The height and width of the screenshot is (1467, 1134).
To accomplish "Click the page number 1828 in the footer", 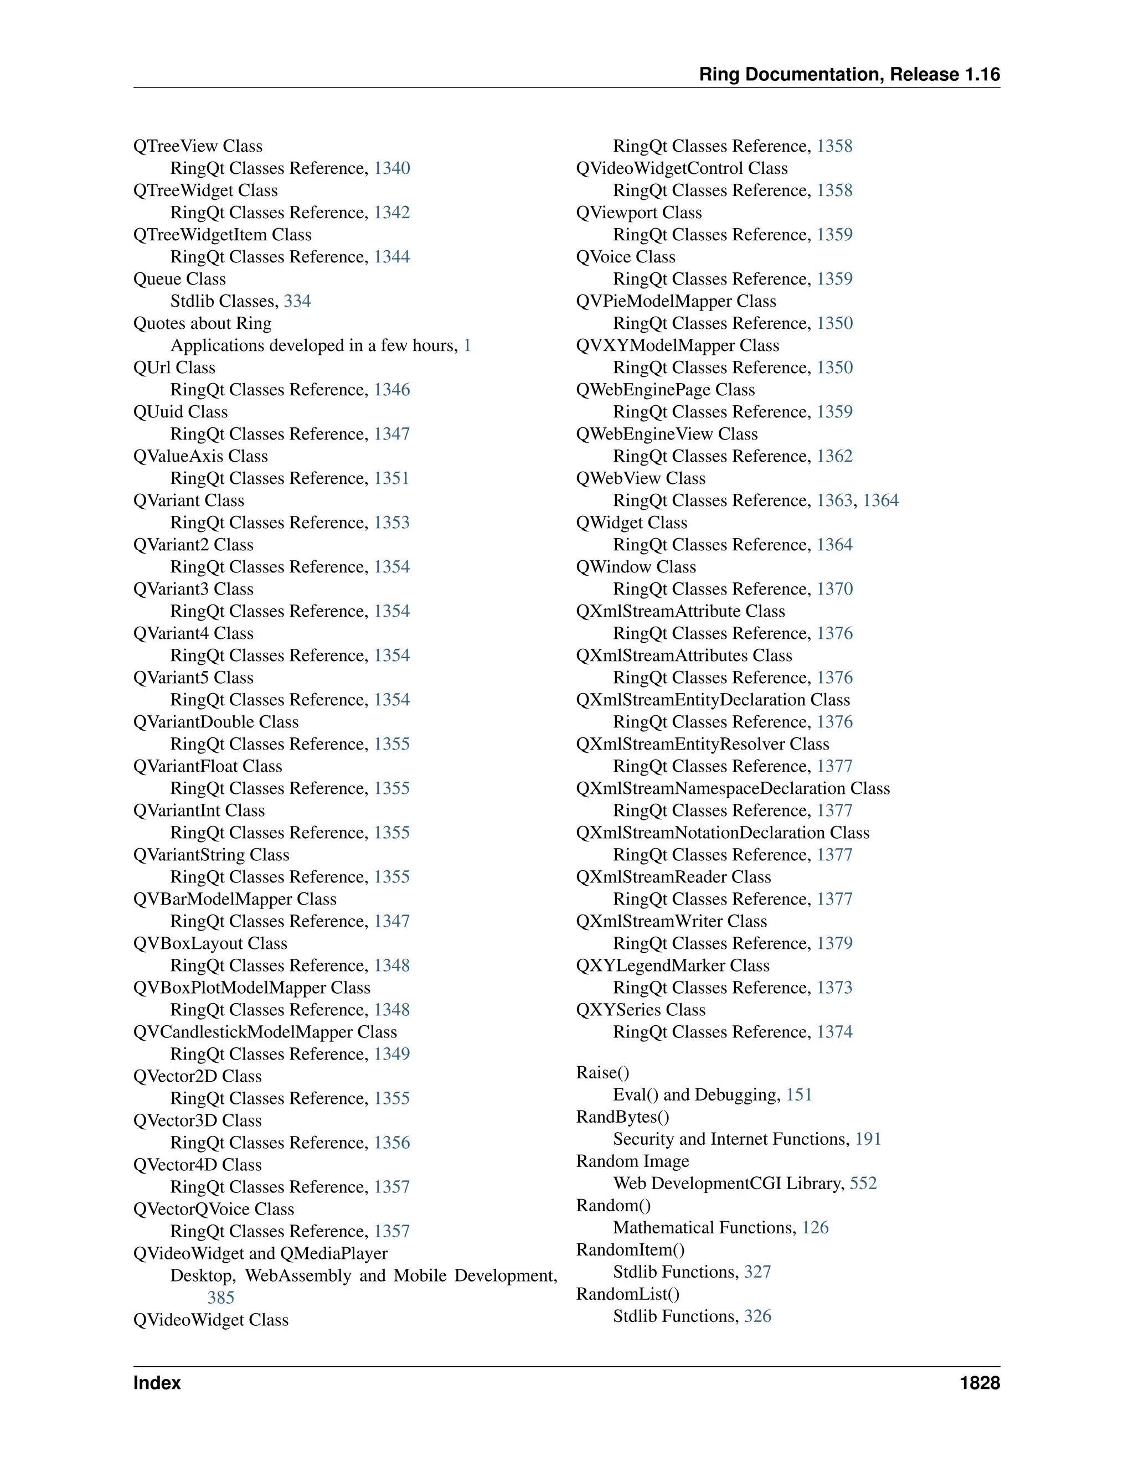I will [x=980, y=1383].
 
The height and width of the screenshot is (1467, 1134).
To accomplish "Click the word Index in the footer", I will [x=157, y=1383].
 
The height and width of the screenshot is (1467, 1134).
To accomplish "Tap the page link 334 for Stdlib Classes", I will [x=297, y=301].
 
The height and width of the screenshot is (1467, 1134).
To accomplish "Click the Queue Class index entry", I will [x=179, y=279].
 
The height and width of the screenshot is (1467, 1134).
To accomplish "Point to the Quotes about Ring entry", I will [x=202, y=323].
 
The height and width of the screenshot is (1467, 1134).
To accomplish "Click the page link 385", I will [x=220, y=1298].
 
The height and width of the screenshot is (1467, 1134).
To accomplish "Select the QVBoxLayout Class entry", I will [x=210, y=943].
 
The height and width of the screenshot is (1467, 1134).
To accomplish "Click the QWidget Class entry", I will [x=631, y=523].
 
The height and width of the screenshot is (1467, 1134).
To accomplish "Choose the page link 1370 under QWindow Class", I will [x=834, y=589].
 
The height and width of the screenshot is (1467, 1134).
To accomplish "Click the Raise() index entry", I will [x=602, y=1073].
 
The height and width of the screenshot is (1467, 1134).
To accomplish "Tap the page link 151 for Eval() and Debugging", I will [x=799, y=1095].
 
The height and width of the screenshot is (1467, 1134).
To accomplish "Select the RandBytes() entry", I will [x=623, y=1117].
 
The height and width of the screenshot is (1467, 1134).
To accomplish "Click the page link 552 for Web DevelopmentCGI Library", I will [x=863, y=1184].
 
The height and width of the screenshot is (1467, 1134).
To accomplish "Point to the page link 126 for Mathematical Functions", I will [x=815, y=1228].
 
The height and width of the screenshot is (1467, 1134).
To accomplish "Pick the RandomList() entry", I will [x=627, y=1294].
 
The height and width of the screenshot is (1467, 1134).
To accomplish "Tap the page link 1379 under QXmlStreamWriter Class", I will [x=834, y=943].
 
